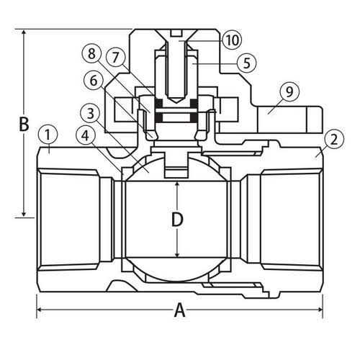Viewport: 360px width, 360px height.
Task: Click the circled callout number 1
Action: tap(48, 135)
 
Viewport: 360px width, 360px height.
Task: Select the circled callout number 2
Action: tap(334, 140)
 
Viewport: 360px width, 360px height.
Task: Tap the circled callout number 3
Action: tap(91, 113)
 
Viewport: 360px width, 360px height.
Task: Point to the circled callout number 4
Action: tap(85, 136)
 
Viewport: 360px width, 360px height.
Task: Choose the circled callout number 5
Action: tap(247, 63)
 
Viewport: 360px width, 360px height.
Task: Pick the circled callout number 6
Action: tap(94, 80)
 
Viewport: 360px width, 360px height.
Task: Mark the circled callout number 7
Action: tap(116, 58)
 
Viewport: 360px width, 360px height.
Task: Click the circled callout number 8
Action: tap(91, 54)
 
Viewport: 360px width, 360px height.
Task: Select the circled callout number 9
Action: tap(289, 91)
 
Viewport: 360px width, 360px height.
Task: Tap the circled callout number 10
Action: tap(233, 40)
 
